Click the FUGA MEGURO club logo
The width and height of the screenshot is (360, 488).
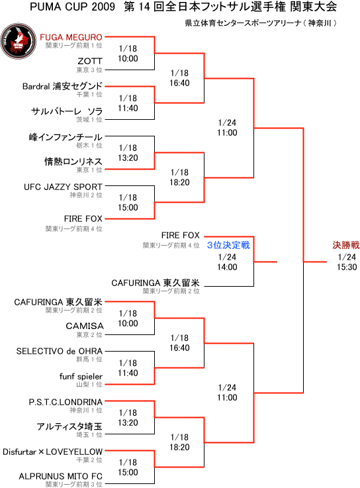coord(19,41)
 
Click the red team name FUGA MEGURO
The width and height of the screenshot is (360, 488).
coord(71,37)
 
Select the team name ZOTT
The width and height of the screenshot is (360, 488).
coord(90,61)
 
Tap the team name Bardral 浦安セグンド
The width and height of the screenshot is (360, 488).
coord(62,86)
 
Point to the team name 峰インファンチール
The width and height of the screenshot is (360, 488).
coord(66,137)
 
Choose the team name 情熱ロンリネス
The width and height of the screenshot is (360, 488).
coord(73,162)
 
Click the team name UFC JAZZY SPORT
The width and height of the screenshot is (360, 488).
coord(63,187)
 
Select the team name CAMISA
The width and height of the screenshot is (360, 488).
coord(85,326)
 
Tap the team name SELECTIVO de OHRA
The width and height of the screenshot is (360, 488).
coord(60,351)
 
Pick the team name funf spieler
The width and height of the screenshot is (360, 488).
coord(81,376)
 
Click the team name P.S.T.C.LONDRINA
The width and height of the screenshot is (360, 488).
coord(66,402)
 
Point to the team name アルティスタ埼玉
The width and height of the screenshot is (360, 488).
coord(69,426)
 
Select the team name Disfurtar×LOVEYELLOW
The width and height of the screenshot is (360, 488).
coord(52,452)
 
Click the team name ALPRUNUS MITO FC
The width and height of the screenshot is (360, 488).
coord(61,476)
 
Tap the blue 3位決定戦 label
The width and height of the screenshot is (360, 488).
coord(228,245)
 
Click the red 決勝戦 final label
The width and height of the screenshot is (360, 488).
coord(346,245)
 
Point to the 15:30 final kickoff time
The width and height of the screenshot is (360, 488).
coord(347,267)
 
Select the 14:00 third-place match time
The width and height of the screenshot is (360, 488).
coord(227,267)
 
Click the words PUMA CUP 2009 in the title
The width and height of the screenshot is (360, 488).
coord(73,7)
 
